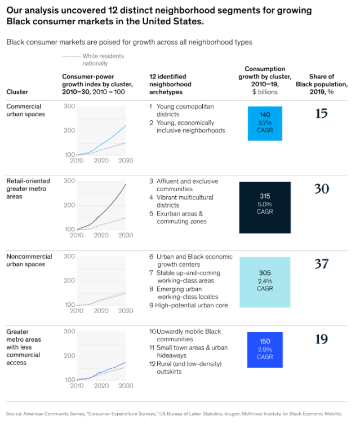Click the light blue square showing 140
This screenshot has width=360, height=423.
tap(265, 123)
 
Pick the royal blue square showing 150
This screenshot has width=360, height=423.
tap(265, 350)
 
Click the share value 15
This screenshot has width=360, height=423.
tap(321, 114)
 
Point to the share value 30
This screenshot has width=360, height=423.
tap(321, 189)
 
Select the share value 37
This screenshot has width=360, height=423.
tap(321, 264)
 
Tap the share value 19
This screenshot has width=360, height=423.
tap(321, 340)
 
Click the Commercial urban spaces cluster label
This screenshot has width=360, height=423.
tap(26, 110)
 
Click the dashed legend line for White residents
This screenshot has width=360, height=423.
tap(71, 56)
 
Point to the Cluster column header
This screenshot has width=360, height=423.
tap(17, 91)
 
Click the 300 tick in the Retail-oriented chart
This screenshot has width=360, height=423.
tap(69, 180)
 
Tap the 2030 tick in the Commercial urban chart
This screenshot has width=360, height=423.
tap(125, 161)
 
